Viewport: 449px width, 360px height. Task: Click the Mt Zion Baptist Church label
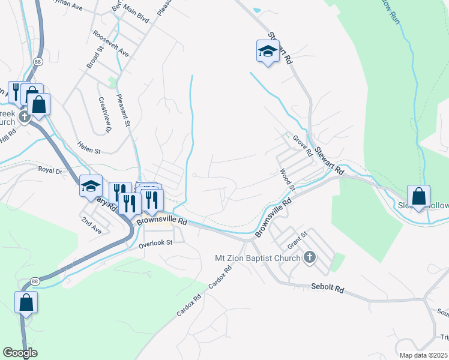tap(258, 258)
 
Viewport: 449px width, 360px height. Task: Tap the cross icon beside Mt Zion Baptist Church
tap(309, 257)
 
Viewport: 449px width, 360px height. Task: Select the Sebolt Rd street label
tap(327, 289)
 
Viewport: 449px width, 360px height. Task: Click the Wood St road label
tap(288, 180)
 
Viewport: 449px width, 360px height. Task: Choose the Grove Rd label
tap(303, 146)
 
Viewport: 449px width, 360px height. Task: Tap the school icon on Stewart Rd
tap(268, 52)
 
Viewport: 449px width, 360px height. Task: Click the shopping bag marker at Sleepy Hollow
tap(418, 197)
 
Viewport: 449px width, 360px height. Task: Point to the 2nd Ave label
tap(92, 224)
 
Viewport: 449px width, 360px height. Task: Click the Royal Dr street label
tap(50, 170)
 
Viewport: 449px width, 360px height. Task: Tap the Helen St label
tap(88, 146)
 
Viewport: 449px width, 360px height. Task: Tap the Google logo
tap(20, 353)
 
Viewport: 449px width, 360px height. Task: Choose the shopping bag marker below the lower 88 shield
tap(26, 302)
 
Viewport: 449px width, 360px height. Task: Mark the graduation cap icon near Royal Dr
tap(91, 187)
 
